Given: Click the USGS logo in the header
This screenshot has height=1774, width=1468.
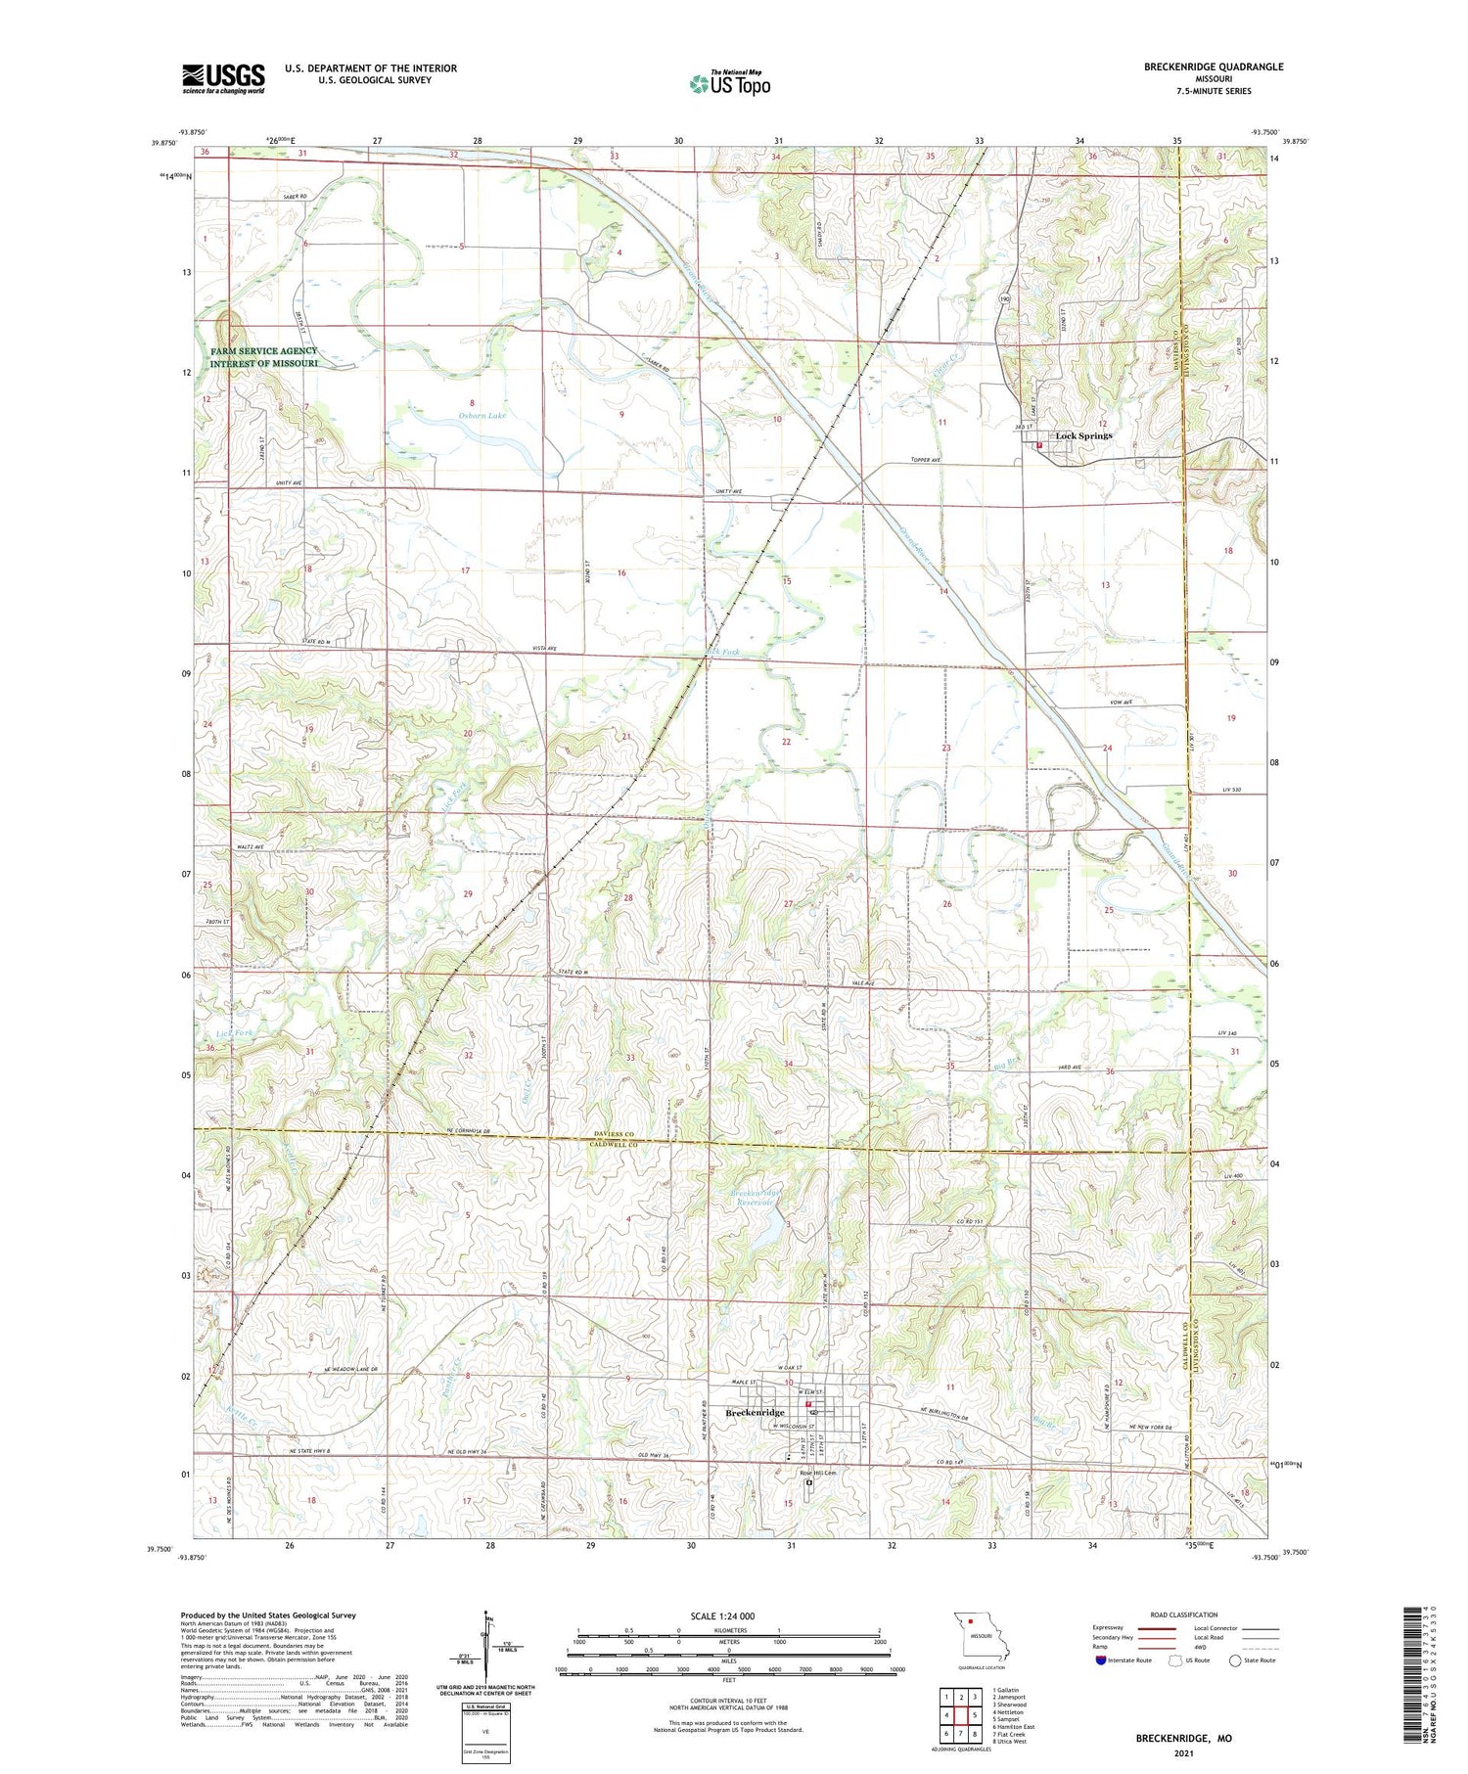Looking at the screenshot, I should [223, 78].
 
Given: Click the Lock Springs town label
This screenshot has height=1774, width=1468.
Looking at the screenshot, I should [1082, 435].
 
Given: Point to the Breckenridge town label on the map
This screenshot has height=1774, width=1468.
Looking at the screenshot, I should [755, 1413].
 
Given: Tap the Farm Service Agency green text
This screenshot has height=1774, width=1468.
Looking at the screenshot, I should [263, 357].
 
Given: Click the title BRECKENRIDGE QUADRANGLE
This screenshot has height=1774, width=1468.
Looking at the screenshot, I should [1214, 68].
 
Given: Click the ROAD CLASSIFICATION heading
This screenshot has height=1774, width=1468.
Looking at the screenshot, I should [1184, 1615].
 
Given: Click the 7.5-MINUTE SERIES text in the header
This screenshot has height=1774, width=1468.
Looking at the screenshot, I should [1214, 91].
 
